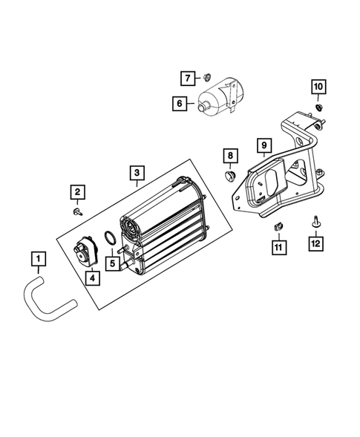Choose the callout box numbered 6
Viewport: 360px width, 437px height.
point(180,104)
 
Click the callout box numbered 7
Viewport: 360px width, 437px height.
point(188,77)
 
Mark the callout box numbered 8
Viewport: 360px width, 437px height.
point(229,156)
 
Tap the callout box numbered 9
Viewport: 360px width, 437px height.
point(262,144)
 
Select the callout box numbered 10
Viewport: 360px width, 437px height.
point(317,88)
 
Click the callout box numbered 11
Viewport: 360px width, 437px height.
point(278,246)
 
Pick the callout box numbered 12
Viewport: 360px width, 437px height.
point(316,243)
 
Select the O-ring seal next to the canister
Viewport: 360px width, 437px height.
point(109,237)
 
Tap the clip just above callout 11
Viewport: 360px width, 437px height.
point(278,225)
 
